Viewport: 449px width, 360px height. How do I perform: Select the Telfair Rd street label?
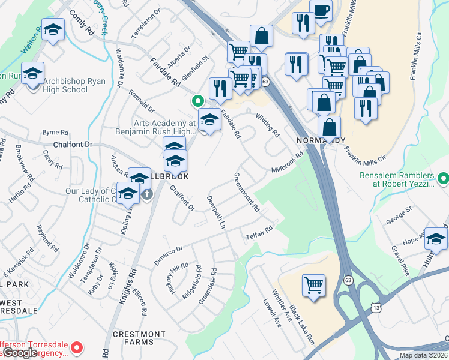(x=259, y=232)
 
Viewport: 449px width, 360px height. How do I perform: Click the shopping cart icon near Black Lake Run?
(x=314, y=285)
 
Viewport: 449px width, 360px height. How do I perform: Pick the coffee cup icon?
(x=321, y=10)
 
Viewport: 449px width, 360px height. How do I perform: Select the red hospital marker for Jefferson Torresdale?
(x=77, y=347)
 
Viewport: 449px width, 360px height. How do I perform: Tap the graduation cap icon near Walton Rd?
(x=53, y=29)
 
